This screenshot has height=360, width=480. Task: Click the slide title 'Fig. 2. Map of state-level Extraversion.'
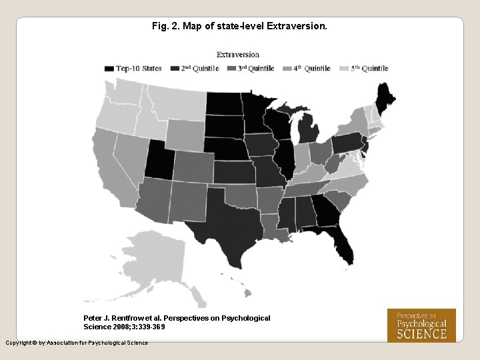(x=239, y=27)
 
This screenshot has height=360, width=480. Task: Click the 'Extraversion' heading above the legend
(x=238, y=54)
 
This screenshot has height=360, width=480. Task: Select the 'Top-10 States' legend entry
(x=133, y=68)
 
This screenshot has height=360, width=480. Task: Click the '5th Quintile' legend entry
(x=364, y=68)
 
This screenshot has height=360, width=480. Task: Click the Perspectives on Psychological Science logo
(x=421, y=325)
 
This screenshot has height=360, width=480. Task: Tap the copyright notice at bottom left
(x=76, y=343)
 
